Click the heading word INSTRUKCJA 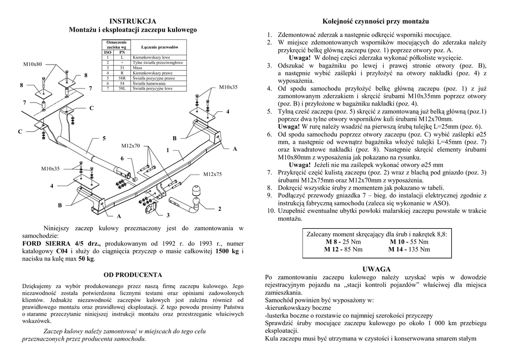(x=133, y=21)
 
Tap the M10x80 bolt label (x=33, y=64)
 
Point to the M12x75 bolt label (x=212, y=174)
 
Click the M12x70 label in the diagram (x=131, y=146)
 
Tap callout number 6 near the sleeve (x=121, y=158)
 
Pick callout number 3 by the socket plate (x=168, y=215)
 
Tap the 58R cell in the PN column (x=122, y=79)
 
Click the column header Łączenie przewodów (x=160, y=47)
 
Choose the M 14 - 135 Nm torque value (x=409, y=249)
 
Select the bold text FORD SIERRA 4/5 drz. (x=62, y=244)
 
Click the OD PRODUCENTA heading (x=133, y=274)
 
